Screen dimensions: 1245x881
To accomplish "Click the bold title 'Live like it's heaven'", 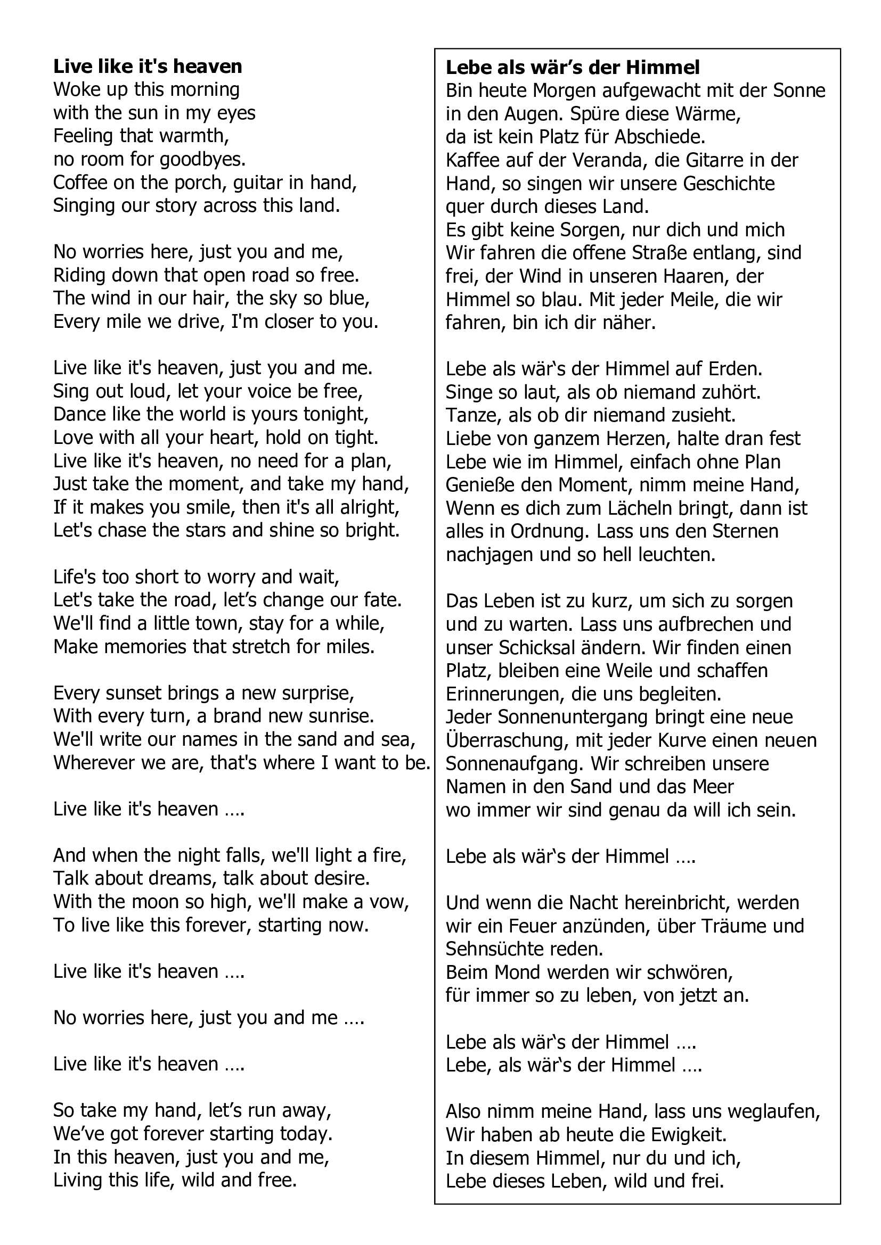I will [148, 66].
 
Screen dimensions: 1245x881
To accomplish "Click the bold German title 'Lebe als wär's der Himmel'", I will [572, 67].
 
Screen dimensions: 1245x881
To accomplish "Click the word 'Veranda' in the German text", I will [607, 161].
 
